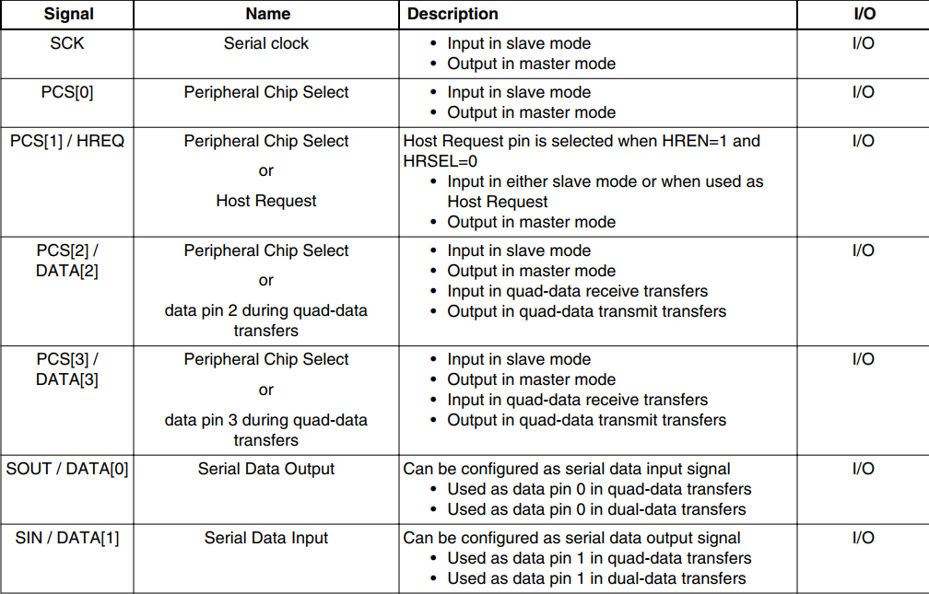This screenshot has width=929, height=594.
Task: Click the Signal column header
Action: point(68,14)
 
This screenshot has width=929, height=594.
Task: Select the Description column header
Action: point(453,14)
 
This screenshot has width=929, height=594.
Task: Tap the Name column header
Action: point(267,14)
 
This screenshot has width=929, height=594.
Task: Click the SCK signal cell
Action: point(67,43)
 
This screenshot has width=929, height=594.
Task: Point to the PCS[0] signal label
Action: point(67,92)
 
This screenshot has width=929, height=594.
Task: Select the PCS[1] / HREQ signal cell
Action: point(67,141)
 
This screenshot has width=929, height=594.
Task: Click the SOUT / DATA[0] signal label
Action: point(67,469)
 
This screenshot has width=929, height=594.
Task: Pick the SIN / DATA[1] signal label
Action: point(67,538)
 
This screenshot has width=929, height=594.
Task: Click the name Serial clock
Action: point(266,43)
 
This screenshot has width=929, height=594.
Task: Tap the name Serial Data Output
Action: point(266,469)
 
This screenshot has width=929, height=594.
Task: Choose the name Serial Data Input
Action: point(266,538)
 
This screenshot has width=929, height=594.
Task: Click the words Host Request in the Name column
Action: point(266,201)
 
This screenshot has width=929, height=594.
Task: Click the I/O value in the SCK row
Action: point(863,43)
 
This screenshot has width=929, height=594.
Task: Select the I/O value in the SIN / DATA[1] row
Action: point(863,538)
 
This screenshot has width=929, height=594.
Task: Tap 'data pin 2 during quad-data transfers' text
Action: point(266,320)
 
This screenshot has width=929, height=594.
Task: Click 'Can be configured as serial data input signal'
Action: point(567,469)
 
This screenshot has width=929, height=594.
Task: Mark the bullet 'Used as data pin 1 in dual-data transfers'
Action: point(596,578)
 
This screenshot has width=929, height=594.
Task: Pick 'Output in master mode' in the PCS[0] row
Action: point(531,112)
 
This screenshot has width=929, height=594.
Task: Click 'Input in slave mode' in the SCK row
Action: point(519,43)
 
